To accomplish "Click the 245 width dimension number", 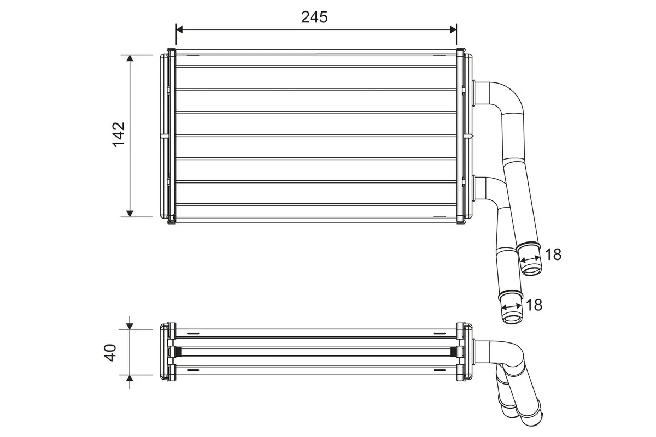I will pos(314,17).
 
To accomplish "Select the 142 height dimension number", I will pos(119,134).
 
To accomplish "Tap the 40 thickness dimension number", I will pos(111,352).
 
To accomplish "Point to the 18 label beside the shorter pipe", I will pos(553,254).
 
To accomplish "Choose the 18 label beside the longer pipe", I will pos(534,305).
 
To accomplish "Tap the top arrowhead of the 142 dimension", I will pos(130,58).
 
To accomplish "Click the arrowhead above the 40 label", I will pos(130,326).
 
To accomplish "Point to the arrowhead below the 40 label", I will pos(130,379).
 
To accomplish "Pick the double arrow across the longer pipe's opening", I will pos(512,307).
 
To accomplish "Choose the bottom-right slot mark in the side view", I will pos(439,370).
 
